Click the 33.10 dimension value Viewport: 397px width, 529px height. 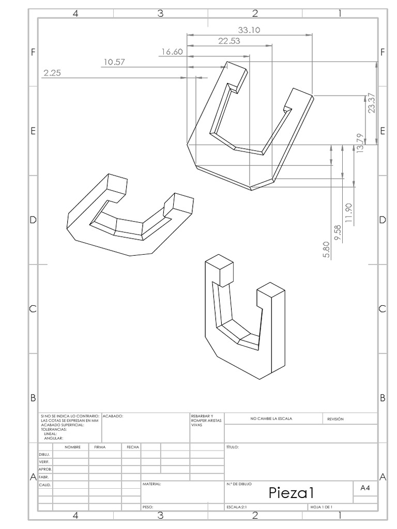(x=249, y=30)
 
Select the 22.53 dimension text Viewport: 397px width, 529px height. (x=229, y=41)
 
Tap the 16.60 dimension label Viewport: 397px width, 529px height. (x=172, y=52)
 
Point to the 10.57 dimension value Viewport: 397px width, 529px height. (x=114, y=63)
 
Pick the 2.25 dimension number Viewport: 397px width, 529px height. (x=52, y=73)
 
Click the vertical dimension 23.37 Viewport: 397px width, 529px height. (x=372, y=103)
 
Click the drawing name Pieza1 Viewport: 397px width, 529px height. (x=291, y=492)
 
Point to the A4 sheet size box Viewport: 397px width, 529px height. (x=364, y=487)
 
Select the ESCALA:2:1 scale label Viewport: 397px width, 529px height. (x=237, y=507)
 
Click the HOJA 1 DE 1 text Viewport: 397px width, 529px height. (x=321, y=507)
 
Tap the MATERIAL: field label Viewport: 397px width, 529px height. (x=151, y=484)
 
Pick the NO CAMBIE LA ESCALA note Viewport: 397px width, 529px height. (x=271, y=419)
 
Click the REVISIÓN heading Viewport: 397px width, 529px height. (x=335, y=419)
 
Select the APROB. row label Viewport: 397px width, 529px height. (x=44, y=469)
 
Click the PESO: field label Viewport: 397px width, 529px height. (x=148, y=507)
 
